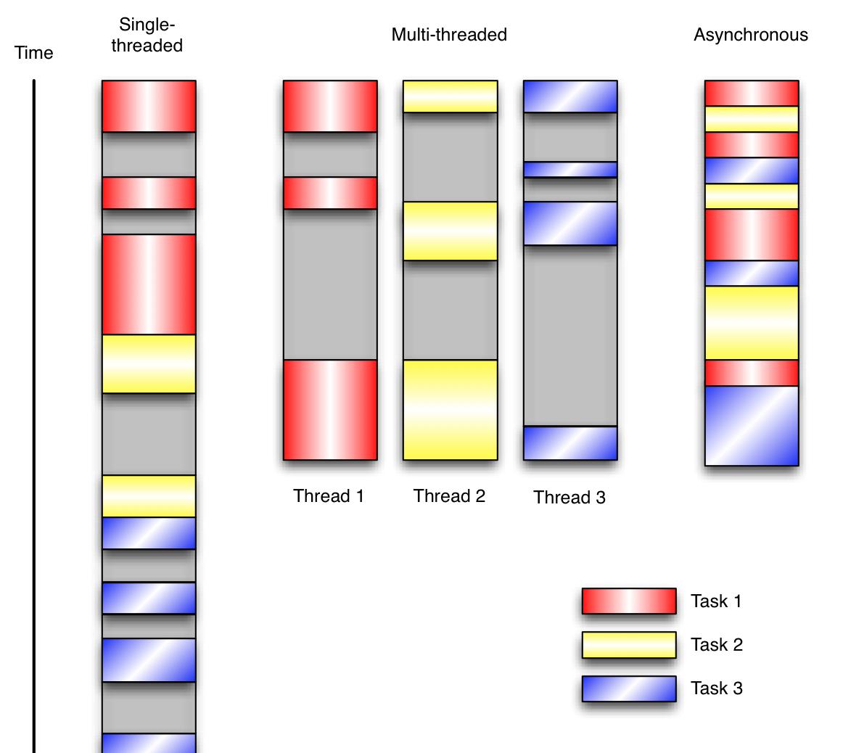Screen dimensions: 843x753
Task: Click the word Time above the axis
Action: pyautogui.click(x=33, y=53)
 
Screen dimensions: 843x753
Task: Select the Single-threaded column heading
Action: pyautogui.click(x=147, y=35)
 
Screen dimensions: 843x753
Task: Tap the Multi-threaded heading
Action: pyautogui.click(x=449, y=34)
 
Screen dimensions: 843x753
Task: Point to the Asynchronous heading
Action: pyautogui.click(x=751, y=34)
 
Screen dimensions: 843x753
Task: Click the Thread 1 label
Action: pyautogui.click(x=329, y=495)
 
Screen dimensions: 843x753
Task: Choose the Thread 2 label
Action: pyautogui.click(x=449, y=495)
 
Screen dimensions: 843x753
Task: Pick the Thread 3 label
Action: pyautogui.click(x=569, y=497)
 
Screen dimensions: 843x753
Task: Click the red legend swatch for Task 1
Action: pyautogui.click(x=629, y=601)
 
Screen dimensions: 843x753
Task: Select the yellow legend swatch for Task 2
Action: pyautogui.click(x=629, y=644)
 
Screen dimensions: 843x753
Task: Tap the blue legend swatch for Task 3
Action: pyautogui.click(x=629, y=688)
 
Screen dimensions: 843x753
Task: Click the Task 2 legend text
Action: pyautogui.click(x=717, y=644)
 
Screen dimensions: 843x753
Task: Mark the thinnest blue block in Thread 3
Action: pyautogui.click(x=570, y=170)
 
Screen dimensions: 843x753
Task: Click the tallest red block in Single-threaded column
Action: pyautogui.click(x=149, y=284)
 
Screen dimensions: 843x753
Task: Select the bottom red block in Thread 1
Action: pyautogui.click(x=330, y=410)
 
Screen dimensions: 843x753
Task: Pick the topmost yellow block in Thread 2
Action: pyautogui.click(x=451, y=96)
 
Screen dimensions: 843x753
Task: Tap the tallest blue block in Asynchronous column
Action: pyautogui.click(x=752, y=426)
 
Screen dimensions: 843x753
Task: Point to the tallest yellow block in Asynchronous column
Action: pyautogui.click(x=752, y=323)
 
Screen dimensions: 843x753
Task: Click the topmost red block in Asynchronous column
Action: pyautogui.click(x=752, y=94)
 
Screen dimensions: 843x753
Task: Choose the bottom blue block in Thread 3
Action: pyautogui.click(x=570, y=443)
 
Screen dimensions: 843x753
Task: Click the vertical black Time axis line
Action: pyautogui.click(x=34, y=416)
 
